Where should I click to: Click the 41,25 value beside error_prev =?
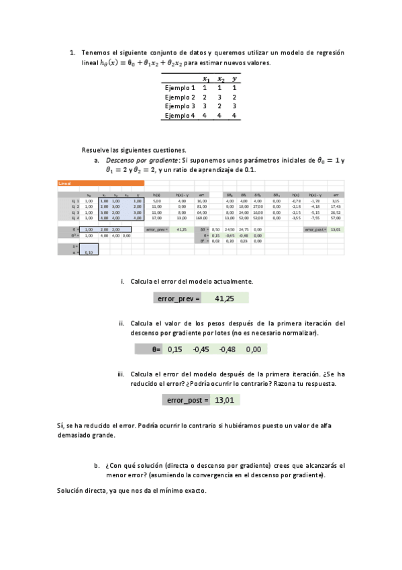(x=224, y=298)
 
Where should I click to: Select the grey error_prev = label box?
(x=177, y=298)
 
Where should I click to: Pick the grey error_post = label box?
(x=187, y=400)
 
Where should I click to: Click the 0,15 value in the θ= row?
(x=174, y=349)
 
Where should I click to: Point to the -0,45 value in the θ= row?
(x=201, y=349)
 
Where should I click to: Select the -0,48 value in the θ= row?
(x=228, y=349)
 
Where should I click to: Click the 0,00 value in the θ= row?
(x=254, y=349)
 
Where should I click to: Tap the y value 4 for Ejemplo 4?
(x=234, y=116)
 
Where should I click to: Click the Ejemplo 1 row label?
(x=179, y=87)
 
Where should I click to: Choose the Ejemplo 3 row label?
(x=179, y=106)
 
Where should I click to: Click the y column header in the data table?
(x=234, y=78)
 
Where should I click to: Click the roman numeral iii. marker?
(x=121, y=374)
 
